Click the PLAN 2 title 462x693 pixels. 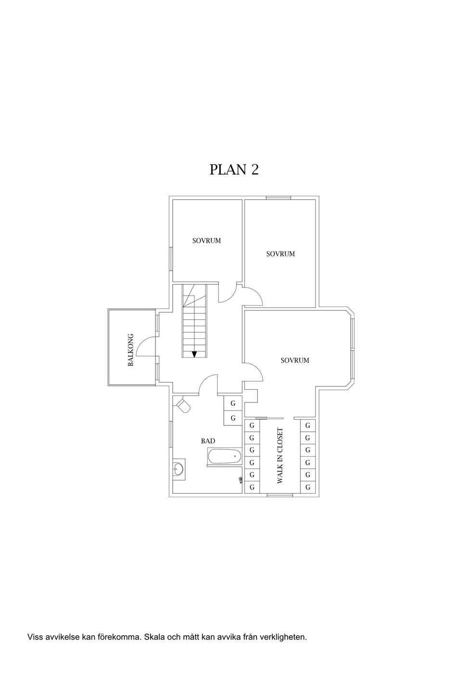coord(234,169)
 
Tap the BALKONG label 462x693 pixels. coord(130,349)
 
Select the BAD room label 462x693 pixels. coord(207,441)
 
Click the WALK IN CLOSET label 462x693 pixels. coord(280,456)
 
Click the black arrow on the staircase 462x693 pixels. coord(194,354)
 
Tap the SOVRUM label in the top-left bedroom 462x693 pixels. coord(206,241)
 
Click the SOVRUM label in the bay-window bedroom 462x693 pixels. coord(295,360)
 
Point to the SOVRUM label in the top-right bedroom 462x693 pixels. coord(281,254)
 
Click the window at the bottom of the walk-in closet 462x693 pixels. coord(280,495)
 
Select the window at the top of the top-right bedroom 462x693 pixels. coord(279,198)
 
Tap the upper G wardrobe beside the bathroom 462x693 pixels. coord(233,403)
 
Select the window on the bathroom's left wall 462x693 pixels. coord(171,434)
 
